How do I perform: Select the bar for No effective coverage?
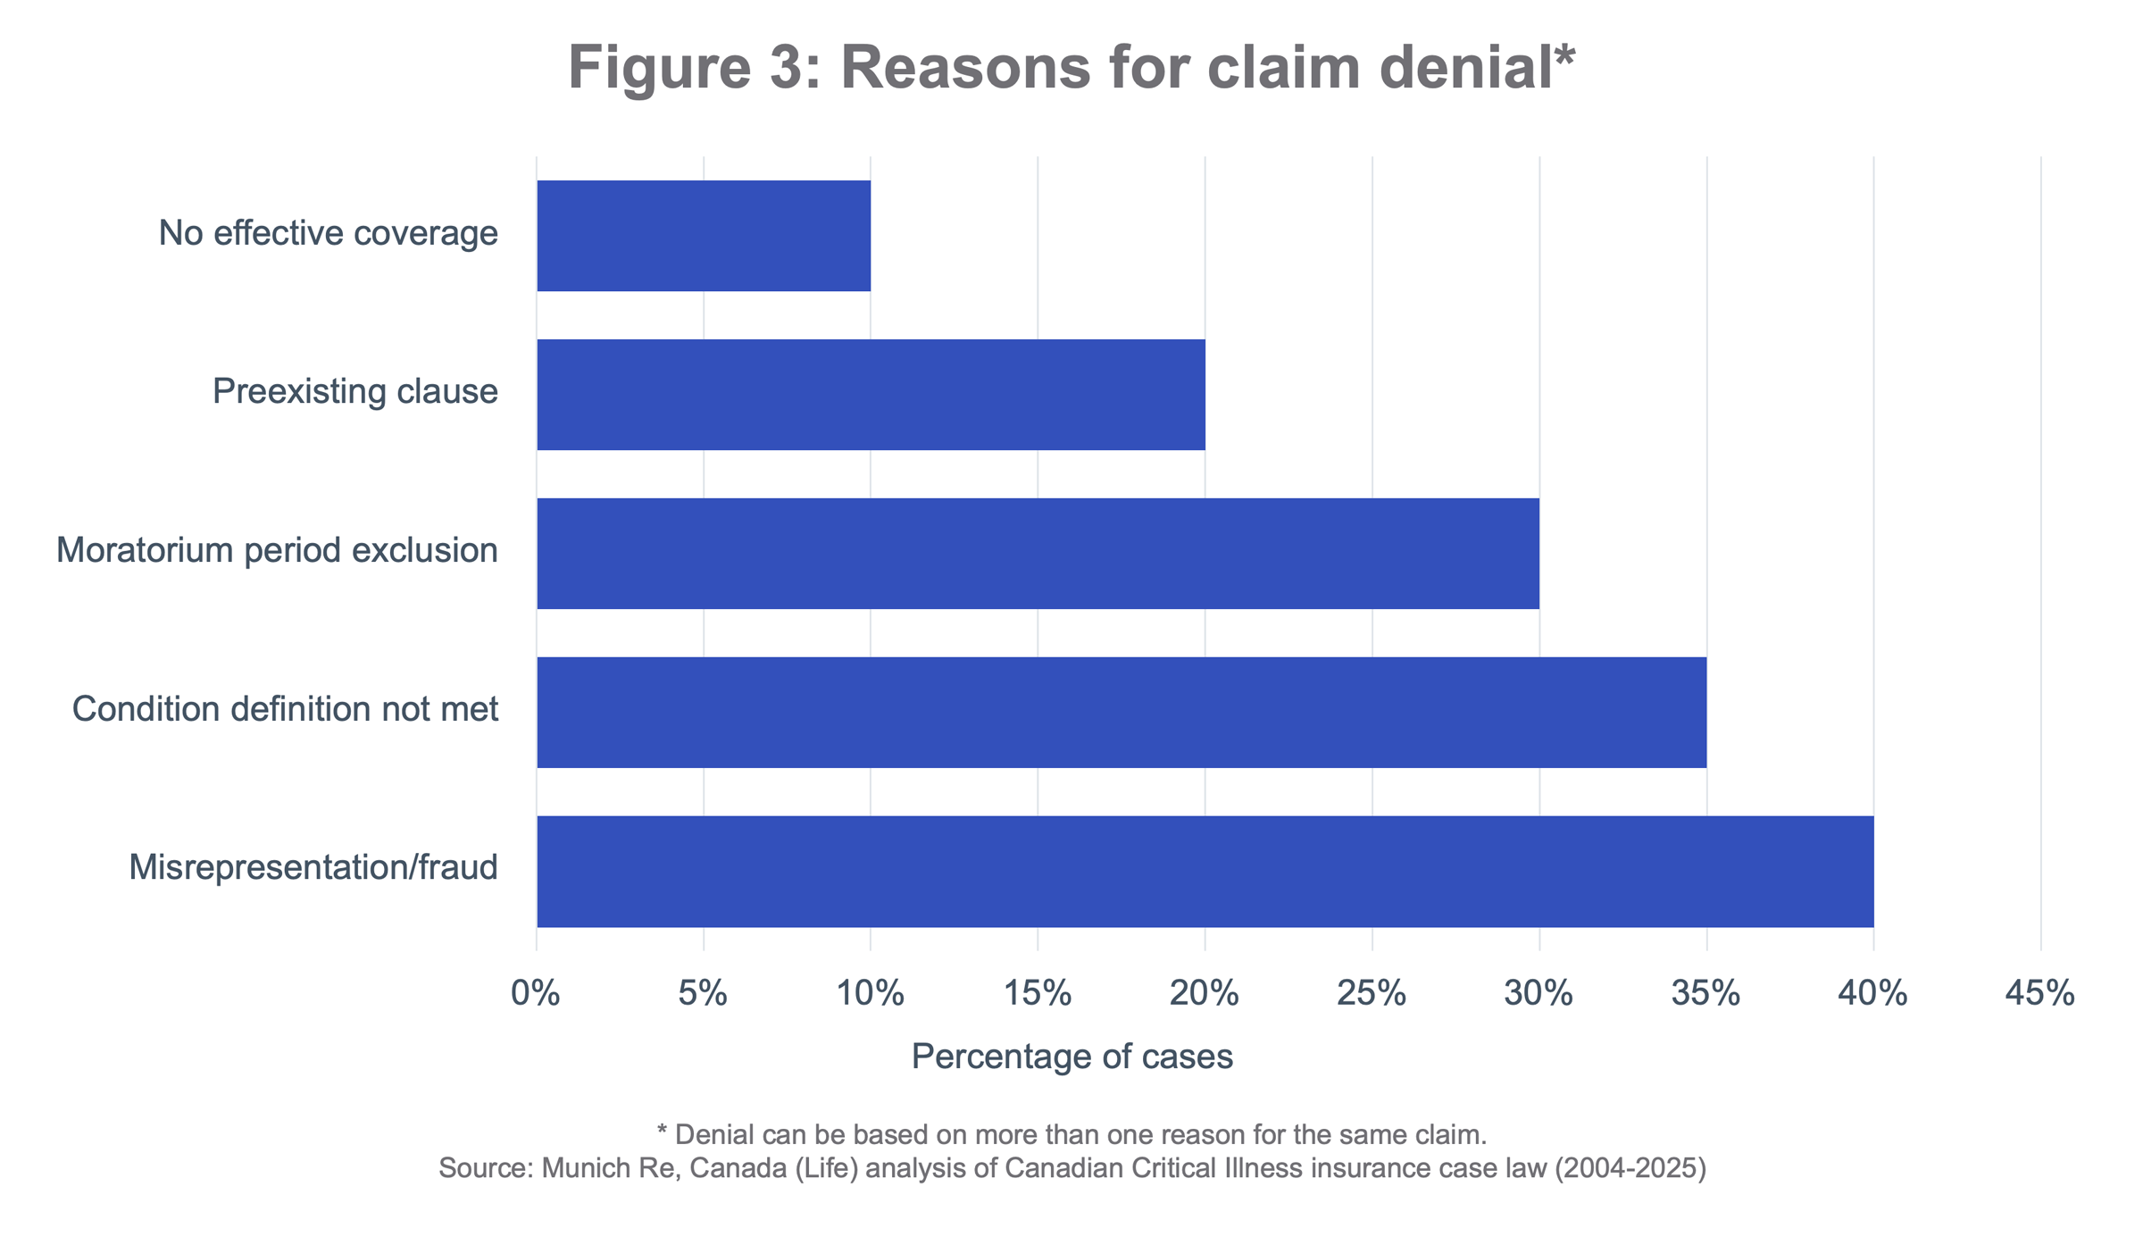pyautogui.click(x=704, y=236)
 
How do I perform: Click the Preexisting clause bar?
pyautogui.click(x=871, y=395)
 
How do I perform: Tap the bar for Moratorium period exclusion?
pyautogui.click(x=1038, y=554)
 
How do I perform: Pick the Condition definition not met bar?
pyautogui.click(x=1122, y=712)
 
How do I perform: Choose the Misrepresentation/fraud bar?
pyautogui.click(x=1205, y=871)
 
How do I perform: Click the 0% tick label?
pyautogui.click(x=536, y=994)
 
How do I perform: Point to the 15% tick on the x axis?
pyautogui.click(x=1038, y=994)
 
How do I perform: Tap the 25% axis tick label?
pyautogui.click(x=1372, y=994)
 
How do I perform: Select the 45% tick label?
pyautogui.click(x=2040, y=994)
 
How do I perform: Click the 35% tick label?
pyautogui.click(x=1705, y=994)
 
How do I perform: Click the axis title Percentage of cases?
pyautogui.click(x=1071, y=1057)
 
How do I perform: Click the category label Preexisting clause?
pyautogui.click(x=354, y=391)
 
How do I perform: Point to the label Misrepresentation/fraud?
pyautogui.click(x=313, y=867)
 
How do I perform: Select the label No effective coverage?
pyautogui.click(x=328, y=233)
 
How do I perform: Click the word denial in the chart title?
pyautogui.click(x=1464, y=68)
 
